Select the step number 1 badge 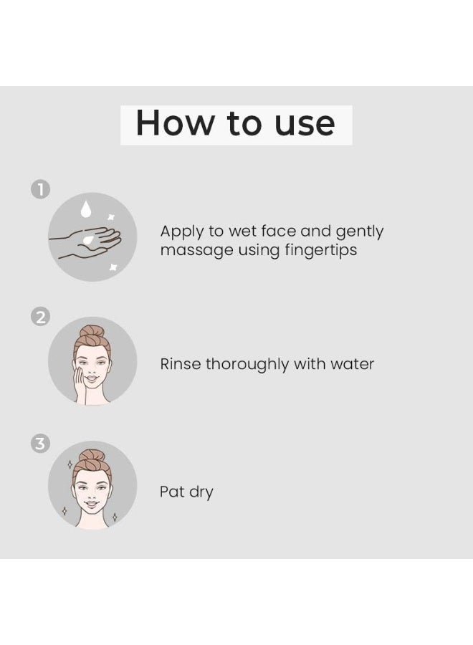[x=40, y=189]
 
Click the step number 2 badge [x=40, y=316]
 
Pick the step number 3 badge [x=40, y=444]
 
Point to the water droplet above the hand [x=86, y=209]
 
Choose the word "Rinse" [x=180, y=364]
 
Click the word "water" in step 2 [x=352, y=364]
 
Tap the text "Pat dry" [x=186, y=492]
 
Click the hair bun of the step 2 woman [x=92, y=333]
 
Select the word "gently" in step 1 [x=359, y=232]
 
